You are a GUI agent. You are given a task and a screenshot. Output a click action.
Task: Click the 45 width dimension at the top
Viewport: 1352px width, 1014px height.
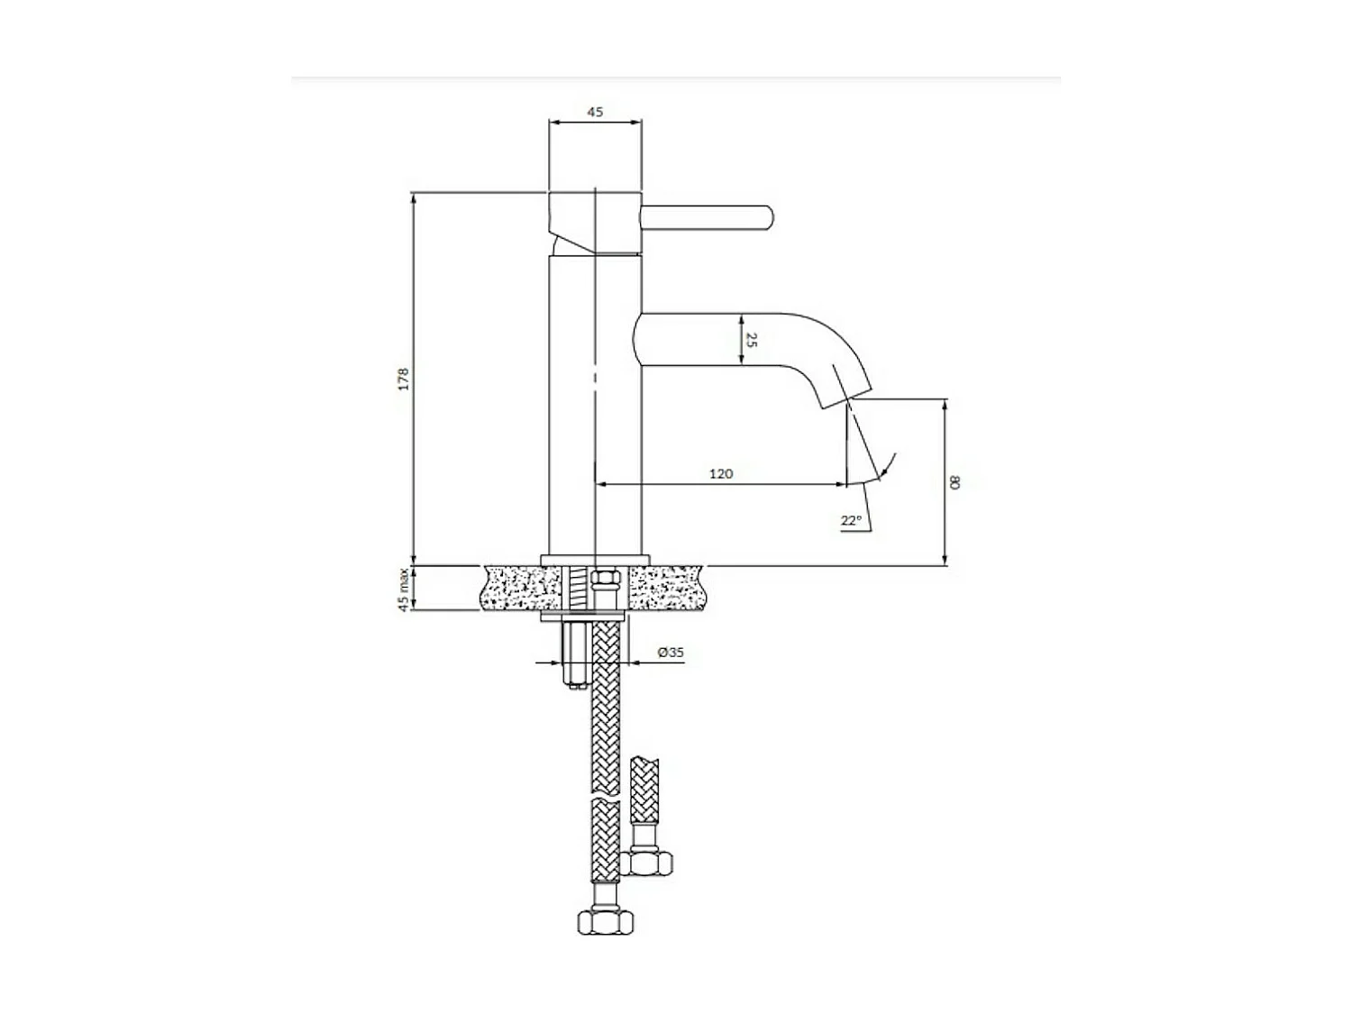click(595, 113)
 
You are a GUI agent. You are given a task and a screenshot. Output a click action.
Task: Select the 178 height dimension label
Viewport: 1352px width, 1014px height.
click(405, 378)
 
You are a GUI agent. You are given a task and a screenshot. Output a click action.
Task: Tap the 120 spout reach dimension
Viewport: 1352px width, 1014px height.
click(721, 474)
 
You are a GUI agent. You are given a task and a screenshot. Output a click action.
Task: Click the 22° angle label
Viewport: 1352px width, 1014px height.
click(851, 520)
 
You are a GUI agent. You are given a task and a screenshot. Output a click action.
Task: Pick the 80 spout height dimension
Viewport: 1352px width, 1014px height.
click(955, 482)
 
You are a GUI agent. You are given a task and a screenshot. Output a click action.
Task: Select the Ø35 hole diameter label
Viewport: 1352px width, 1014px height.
click(671, 653)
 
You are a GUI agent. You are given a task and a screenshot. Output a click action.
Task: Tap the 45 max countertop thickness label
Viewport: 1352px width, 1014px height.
click(405, 589)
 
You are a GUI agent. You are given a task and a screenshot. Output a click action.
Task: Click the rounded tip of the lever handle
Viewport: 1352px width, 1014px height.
click(766, 217)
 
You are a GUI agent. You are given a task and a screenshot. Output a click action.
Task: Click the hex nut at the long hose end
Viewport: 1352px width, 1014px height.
click(607, 921)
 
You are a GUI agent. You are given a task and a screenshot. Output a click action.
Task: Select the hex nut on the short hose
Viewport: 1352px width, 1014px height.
click(649, 863)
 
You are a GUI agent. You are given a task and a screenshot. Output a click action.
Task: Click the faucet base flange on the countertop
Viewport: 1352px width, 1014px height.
click(595, 559)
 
